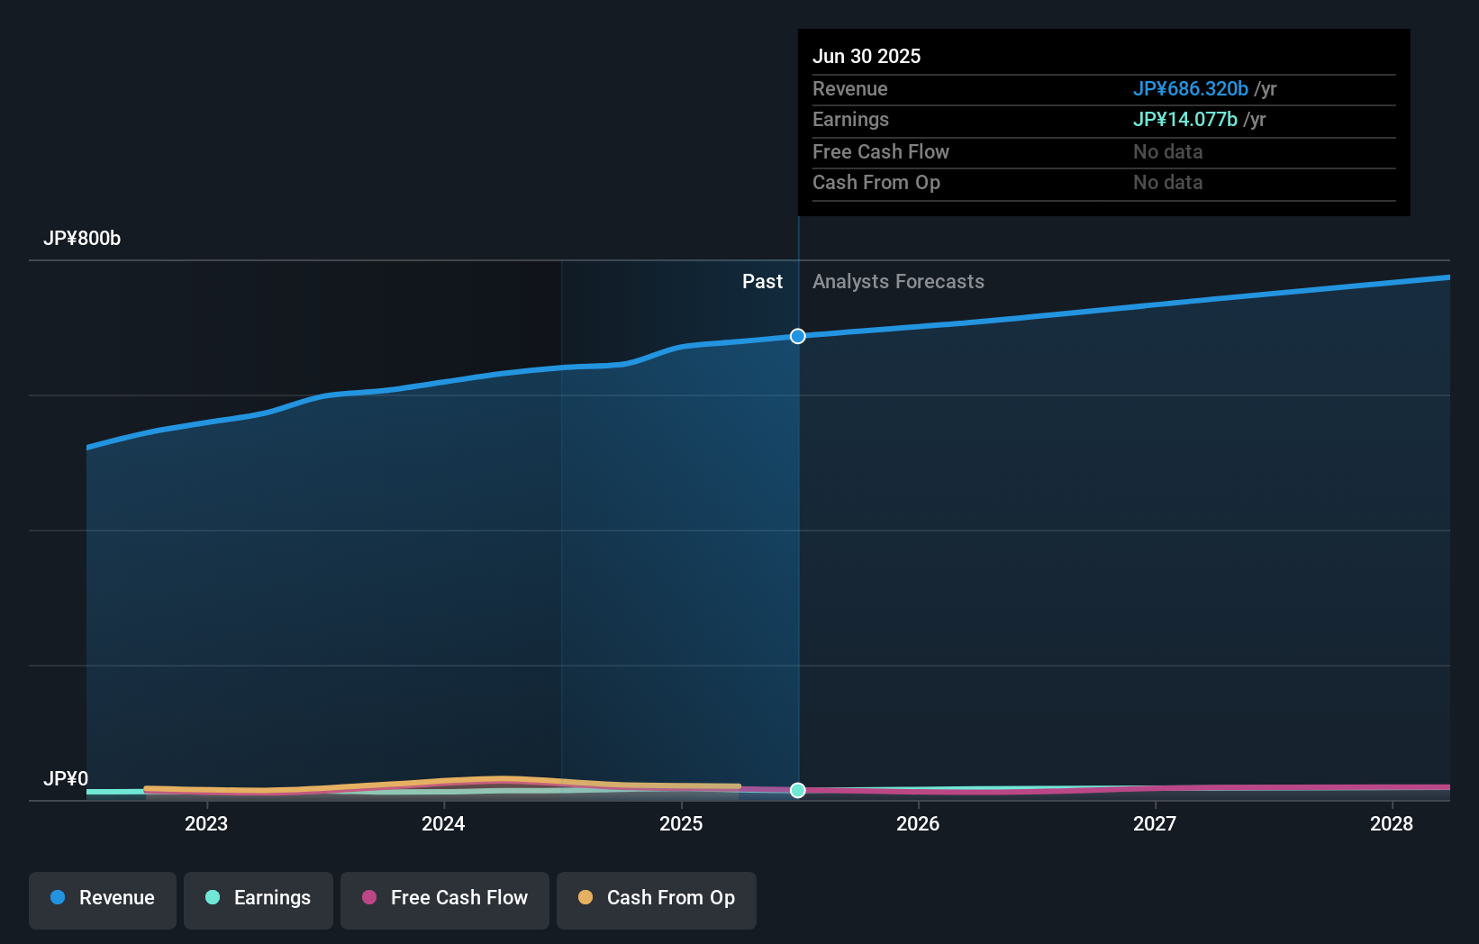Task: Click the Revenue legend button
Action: (x=103, y=899)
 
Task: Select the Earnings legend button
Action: (x=259, y=899)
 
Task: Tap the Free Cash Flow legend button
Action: (x=445, y=899)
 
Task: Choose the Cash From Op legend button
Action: (x=657, y=899)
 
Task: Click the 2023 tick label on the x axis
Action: (x=206, y=824)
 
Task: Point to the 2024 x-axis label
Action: (x=443, y=824)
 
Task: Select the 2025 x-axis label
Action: (x=681, y=824)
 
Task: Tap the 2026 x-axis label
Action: (x=918, y=824)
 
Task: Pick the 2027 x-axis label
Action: (x=1155, y=824)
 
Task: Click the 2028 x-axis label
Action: (x=1392, y=824)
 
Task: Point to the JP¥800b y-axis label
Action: (x=82, y=239)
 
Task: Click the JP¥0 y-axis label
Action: (x=66, y=779)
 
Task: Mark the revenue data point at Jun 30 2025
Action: (x=798, y=336)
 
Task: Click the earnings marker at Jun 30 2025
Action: (x=798, y=790)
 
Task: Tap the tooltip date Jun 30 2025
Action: (x=867, y=57)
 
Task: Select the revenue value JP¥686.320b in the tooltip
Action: (x=1190, y=89)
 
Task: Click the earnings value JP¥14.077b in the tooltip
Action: (x=1184, y=120)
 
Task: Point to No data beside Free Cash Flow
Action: (x=1167, y=152)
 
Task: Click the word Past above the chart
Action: (x=762, y=282)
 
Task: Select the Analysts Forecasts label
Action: (x=898, y=282)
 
